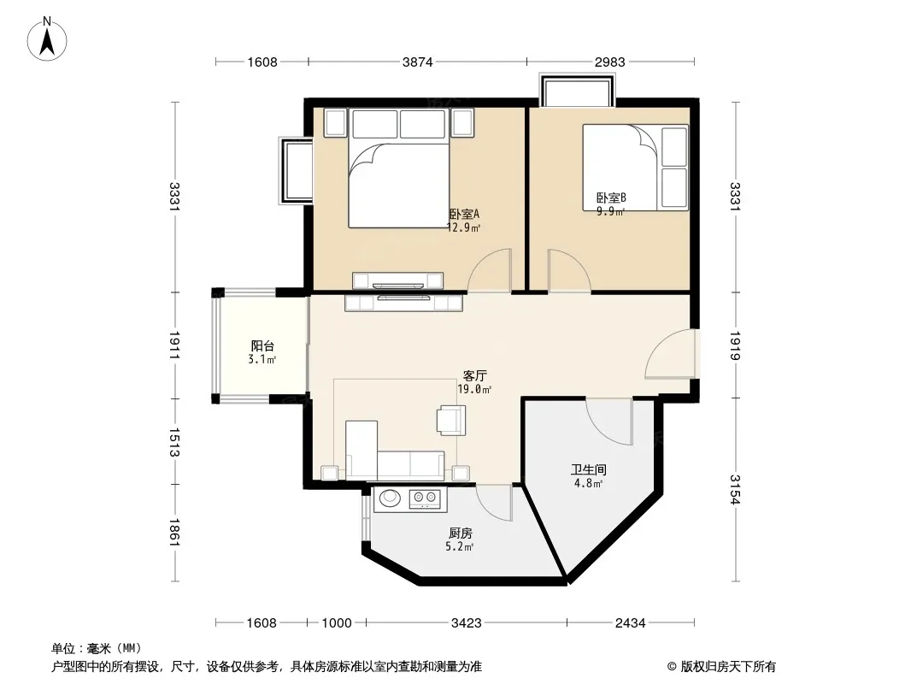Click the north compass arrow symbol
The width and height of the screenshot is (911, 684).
coord(47,39)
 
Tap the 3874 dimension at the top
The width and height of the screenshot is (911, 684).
coord(418,62)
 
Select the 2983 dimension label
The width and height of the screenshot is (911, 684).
coord(610,62)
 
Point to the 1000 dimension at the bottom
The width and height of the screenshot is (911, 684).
coord(337,623)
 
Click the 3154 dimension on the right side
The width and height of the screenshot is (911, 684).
coord(735,489)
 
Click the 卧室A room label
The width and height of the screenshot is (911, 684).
coord(464,214)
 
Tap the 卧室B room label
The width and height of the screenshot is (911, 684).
coord(611,198)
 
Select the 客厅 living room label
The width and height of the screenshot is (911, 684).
coord(474,375)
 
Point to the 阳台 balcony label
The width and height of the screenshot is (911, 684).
coord(262,345)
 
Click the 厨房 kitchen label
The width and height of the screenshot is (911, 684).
coord(460,533)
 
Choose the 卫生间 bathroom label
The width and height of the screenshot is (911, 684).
coord(589,469)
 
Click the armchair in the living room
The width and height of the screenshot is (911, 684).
coord(451,420)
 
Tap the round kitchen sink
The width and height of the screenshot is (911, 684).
coord(390,498)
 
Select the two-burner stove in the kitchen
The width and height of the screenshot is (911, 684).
coord(424,498)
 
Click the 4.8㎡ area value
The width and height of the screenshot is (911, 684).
coord(589,483)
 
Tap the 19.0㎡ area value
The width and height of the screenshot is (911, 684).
coord(474,389)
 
